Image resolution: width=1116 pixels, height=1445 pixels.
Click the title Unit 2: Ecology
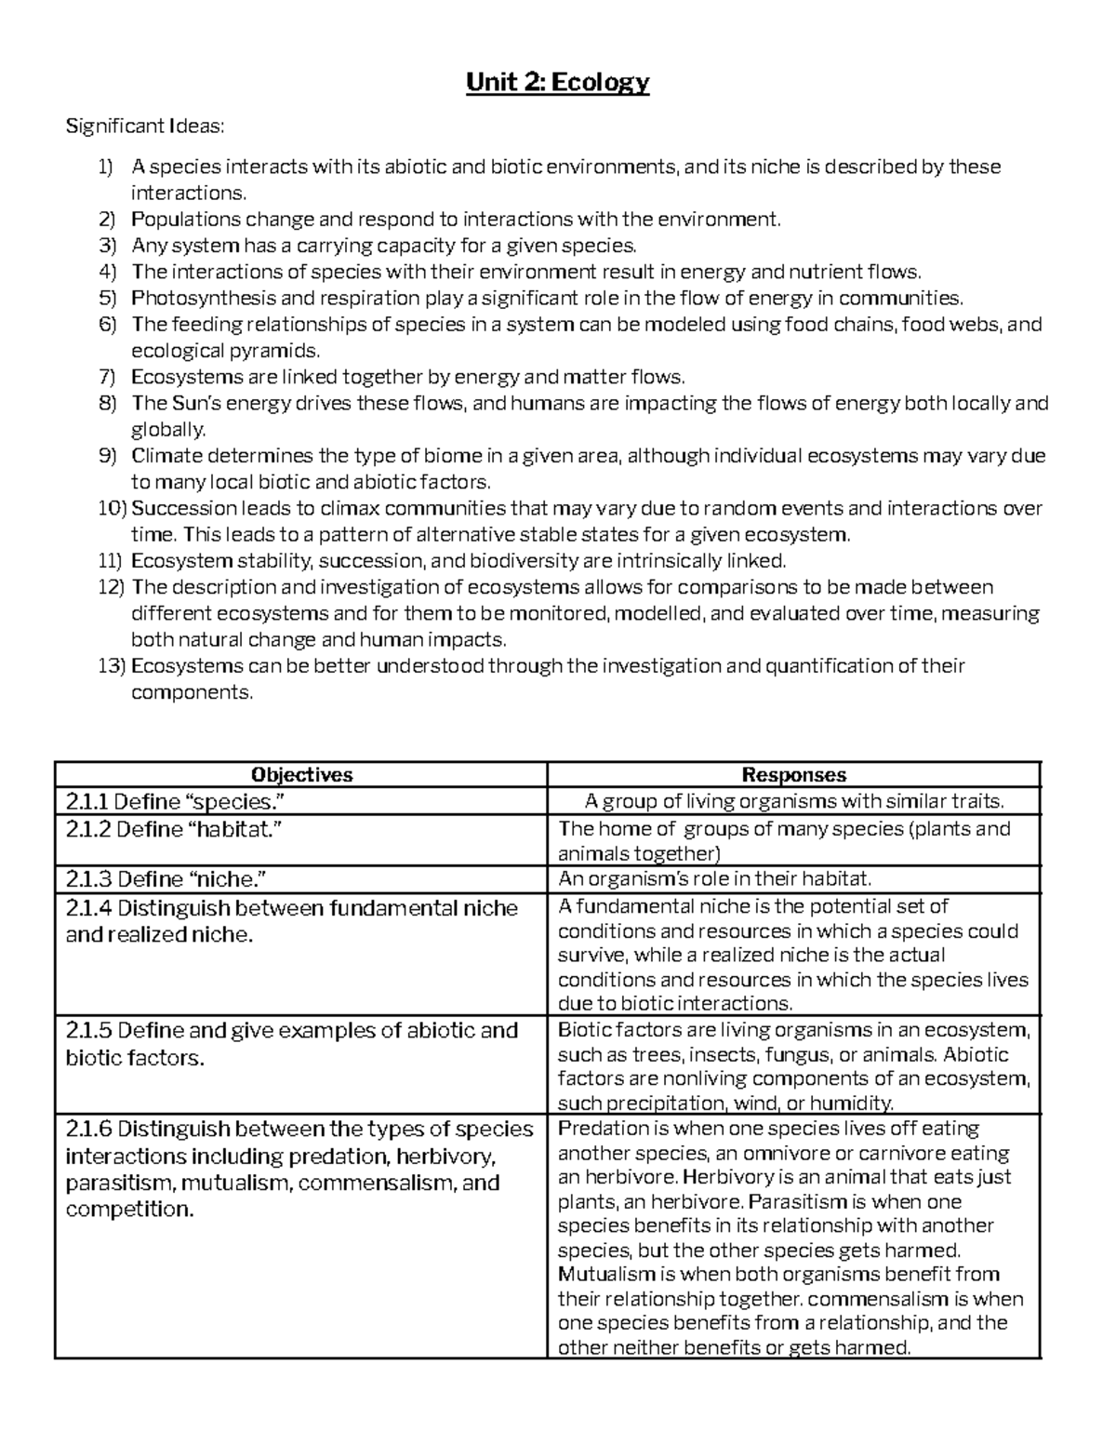point(557,83)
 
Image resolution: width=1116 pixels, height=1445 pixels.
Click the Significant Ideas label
point(144,126)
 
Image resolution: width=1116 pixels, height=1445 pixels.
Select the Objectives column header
point(300,774)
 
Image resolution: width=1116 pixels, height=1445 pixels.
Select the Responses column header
point(793,774)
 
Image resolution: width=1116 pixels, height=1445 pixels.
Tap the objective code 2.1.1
point(86,801)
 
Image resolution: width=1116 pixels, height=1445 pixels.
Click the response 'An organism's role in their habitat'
point(714,878)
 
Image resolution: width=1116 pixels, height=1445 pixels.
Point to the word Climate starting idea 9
point(164,456)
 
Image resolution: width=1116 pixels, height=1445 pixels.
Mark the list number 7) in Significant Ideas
point(109,377)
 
